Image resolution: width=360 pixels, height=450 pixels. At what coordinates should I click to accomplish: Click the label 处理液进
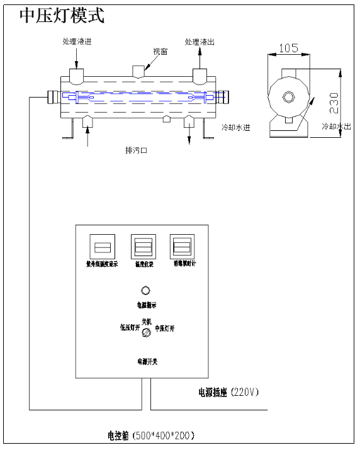(80, 42)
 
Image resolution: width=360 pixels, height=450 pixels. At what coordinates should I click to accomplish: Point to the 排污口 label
(137, 151)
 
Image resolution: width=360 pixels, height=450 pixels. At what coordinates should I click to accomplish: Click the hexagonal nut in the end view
(288, 97)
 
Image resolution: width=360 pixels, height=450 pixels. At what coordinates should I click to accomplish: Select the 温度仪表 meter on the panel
(143, 245)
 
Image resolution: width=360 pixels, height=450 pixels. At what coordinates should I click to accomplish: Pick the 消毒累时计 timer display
(182, 245)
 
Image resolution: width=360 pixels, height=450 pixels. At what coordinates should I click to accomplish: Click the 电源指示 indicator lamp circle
(146, 291)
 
